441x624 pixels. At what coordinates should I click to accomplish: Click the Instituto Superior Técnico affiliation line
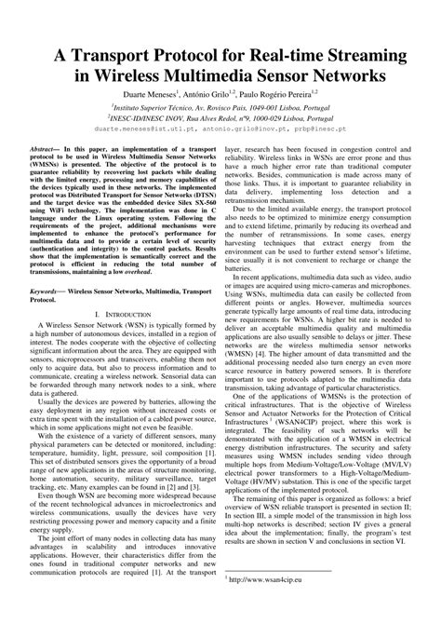220,108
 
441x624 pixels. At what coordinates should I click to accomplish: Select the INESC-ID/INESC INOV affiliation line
220,119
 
